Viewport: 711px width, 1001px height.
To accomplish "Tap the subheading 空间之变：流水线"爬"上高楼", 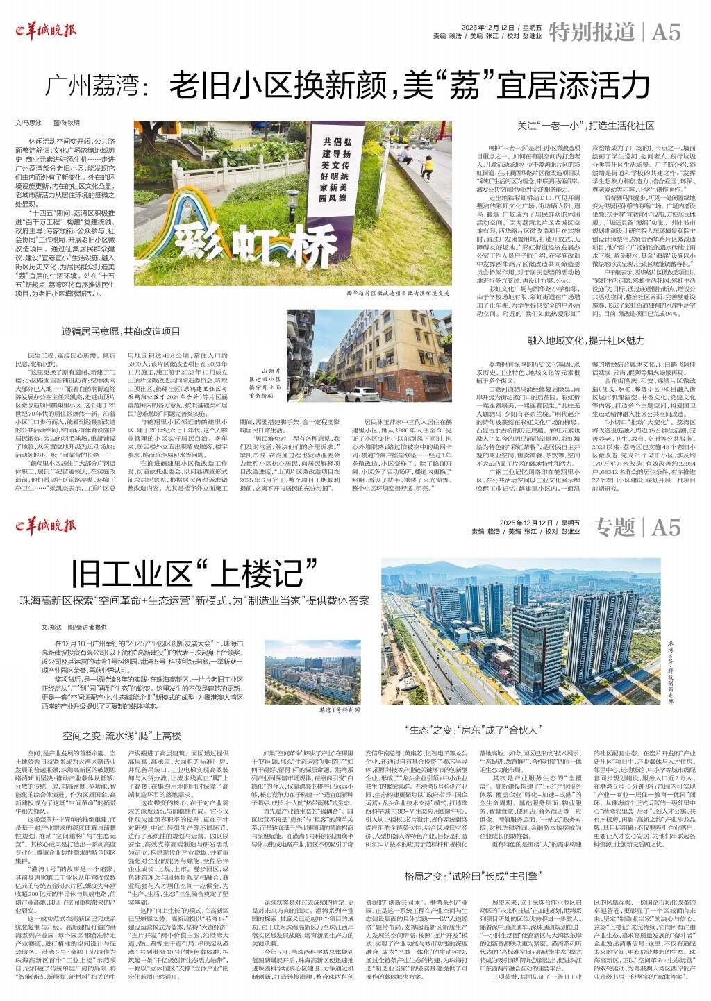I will click(122, 735).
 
